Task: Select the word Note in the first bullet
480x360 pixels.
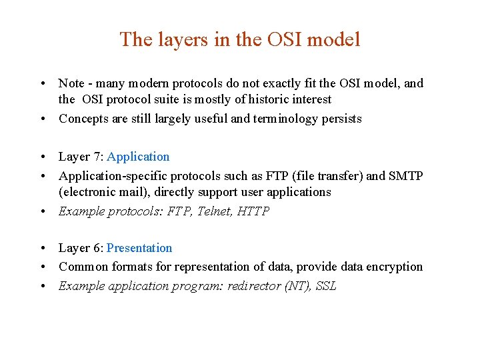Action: tap(71, 83)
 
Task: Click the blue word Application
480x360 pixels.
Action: tap(138, 157)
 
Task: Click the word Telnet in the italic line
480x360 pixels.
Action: tap(220, 211)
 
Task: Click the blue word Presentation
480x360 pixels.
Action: tap(139, 248)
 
